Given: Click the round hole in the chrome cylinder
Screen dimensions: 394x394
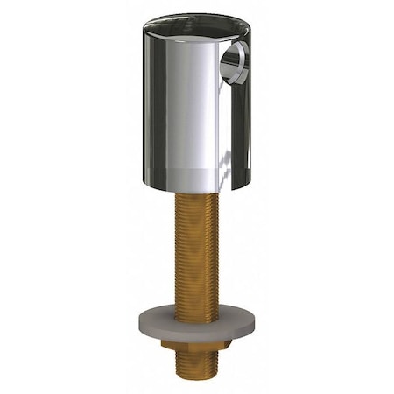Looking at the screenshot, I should click(x=236, y=64).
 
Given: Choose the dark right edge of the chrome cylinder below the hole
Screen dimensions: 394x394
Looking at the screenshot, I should click(x=245, y=131).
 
